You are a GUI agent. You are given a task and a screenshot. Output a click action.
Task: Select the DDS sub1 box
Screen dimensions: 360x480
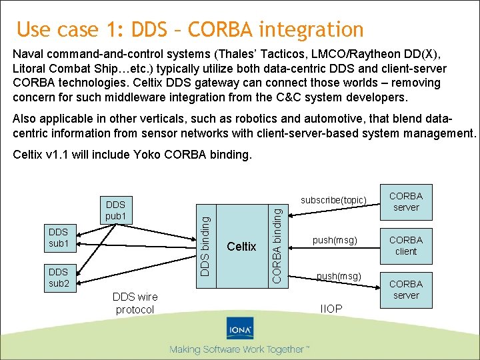coord(59,238)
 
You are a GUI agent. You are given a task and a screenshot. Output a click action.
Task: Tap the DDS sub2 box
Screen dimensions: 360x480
coord(59,277)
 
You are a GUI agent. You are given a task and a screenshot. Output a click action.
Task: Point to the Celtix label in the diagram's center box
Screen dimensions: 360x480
coord(241,247)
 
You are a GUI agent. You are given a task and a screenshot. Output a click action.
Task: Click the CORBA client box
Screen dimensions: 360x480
coord(405,245)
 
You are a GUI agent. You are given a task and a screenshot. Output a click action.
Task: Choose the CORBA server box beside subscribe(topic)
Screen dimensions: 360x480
coord(405,201)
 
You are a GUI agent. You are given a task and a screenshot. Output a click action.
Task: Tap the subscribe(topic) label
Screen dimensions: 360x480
coord(333,200)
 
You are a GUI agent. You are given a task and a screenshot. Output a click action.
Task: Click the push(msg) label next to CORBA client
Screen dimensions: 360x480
coord(335,240)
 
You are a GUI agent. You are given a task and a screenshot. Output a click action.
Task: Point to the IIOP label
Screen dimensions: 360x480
coord(331,309)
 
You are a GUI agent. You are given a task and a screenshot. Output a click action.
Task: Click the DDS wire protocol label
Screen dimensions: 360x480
coord(135,303)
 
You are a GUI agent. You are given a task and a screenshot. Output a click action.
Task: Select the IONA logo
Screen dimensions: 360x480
coord(239,332)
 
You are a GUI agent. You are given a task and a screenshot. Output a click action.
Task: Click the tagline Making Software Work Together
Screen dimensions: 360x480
coord(239,349)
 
